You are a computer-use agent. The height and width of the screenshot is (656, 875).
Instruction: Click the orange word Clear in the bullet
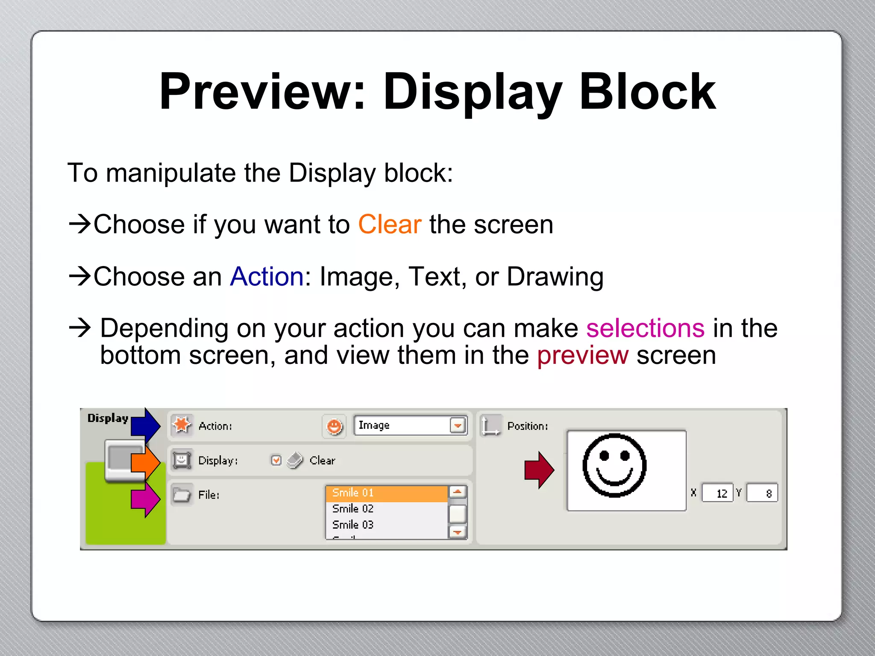click(389, 225)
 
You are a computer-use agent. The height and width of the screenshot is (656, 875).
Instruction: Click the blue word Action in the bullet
click(267, 277)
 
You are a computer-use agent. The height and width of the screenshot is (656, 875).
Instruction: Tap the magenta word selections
click(645, 328)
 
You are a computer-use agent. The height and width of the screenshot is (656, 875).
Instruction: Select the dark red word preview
click(582, 355)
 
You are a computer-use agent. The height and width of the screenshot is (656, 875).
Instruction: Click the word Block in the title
click(647, 92)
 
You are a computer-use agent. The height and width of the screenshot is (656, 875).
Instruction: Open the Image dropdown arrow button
click(458, 426)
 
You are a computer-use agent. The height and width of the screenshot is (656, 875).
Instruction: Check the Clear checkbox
click(276, 460)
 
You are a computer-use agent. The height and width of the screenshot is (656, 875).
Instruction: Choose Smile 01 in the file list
click(353, 493)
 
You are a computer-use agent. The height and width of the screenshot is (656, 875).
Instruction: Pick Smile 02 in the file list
click(353, 509)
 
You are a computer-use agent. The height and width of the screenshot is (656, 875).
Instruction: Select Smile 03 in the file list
click(353, 524)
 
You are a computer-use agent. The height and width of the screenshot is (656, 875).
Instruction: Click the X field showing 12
click(718, 493)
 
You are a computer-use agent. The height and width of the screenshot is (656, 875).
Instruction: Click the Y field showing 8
click(762, 493)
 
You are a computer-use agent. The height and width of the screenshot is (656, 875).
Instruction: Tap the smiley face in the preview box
click(614, 466)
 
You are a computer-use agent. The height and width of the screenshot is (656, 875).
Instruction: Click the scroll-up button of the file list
click(458, 492)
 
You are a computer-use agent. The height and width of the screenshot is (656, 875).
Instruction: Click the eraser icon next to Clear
click(295, 460)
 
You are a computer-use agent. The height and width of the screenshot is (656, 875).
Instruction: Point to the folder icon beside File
click(182, 495)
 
